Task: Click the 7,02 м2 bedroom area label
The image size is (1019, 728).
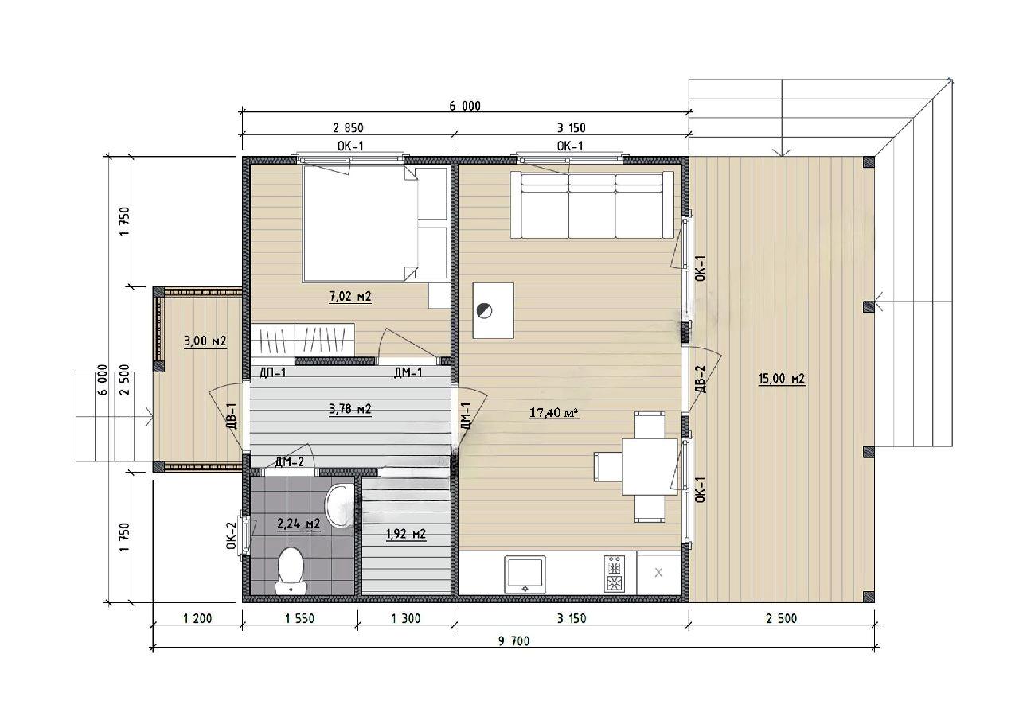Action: pyautogui.click(x=349, y=297)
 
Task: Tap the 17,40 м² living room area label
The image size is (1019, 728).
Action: pyautogui.click(x=554, y=412)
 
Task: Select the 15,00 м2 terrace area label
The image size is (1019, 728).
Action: pyautogui.click(x=782, y=378)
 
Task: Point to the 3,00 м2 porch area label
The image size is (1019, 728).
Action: pyautogui.click(x=205, y=341)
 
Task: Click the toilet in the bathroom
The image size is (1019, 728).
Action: pyautogui.click(x=291, y=570)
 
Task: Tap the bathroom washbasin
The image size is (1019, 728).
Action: pyautogui.click(x=340, y=506)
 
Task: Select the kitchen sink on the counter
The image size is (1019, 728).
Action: pyautogui.click(x=525, y=574)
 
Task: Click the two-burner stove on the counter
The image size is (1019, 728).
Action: pyautogui.click(x=614, y=574)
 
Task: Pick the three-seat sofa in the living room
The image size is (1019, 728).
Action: pyautogui.click(x=591, y=204)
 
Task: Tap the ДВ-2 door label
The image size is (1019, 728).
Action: pyautogui.click(x=701, y=379)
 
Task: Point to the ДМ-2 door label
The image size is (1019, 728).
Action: pyautogui.click(x=289, y=462)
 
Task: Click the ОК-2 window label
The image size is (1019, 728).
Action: pyautogui.click(x=232, y=535)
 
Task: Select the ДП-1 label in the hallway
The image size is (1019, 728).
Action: pyautogui.click(x=272, y=373)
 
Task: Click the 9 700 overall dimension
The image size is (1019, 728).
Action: pyautogui.click(x=514, y=640)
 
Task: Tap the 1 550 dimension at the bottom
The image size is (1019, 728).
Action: pyautogui.click(x=299, y=618)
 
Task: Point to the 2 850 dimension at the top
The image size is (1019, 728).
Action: pyautogui.click(x=348, y=128)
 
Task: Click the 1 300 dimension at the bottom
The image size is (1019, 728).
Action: pyautogui.click(x=406, y=618)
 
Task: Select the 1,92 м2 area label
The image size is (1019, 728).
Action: pyautogui.click(x=406, y=533)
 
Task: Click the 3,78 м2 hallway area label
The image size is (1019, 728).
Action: pyautogui.click(x=349, y=409)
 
